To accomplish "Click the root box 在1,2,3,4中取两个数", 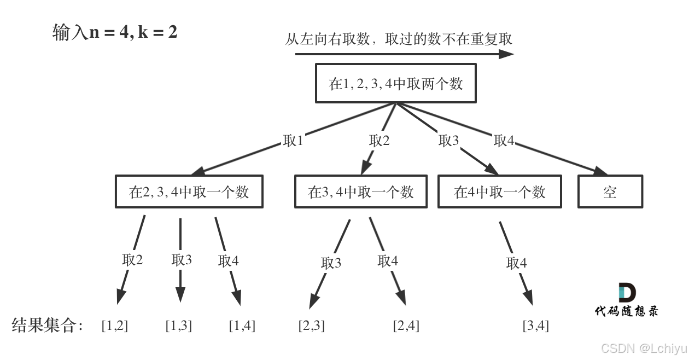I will coord(395,83).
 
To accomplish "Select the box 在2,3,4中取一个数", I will coord(189,192).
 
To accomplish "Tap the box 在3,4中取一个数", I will coord(361,192).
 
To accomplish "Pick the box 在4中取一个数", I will coord(500,192).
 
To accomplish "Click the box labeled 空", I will coord(610,192).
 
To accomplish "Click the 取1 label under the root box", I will coord(293,141).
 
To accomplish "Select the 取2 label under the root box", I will coord(379,141).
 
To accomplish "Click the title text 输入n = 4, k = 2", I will coord(115,32).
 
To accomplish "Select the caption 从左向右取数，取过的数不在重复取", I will coord(399,39).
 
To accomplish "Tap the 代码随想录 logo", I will coord(627,300).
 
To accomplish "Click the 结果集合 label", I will coord(47,326).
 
